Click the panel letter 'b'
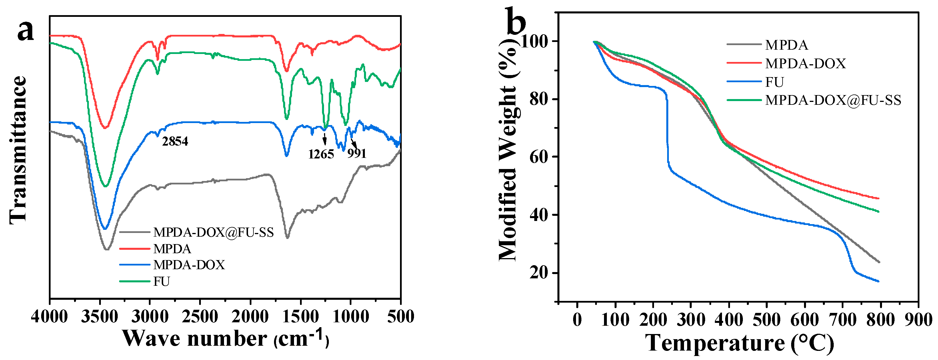[x=516, y=22]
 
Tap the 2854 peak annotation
[x=175, y=141]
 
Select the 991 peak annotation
[x=357, y=154]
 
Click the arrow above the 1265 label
[x=325, y=139]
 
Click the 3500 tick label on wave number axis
[x=99, y=317]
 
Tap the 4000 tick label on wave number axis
[x=49, y=317]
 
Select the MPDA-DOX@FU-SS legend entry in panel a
[x=213, y=232]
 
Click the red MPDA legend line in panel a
[x=135, y=249]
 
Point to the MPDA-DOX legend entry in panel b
[x=805, y=64]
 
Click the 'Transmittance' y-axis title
[x=18, y=150]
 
